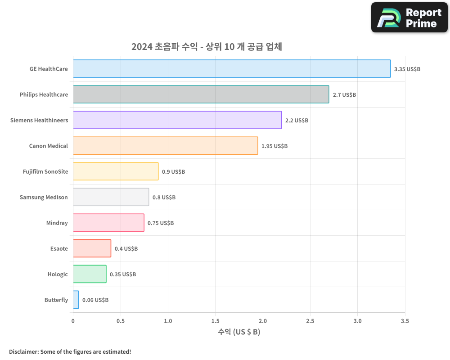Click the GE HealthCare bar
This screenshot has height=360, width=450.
pyautogui.click(x=232, y=69)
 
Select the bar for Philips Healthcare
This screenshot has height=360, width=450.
pyautogui.click(x=201, y=94)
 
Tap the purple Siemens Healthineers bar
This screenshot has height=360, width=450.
pyautogui.click(x=177, y=120)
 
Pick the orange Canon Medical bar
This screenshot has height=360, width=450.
pyautogui.click(x=165, y=146)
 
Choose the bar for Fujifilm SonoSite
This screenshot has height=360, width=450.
pyautogui.click(x=116, y=171)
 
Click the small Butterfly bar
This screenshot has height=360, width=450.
pyautogui.click(x=76, y=300)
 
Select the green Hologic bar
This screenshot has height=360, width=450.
pyautogui.click(x=90, y=274)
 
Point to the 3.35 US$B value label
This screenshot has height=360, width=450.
pyautogui.click(x=407, y=69)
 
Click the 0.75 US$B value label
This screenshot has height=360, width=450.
pyautogui.click(x=161, y=223)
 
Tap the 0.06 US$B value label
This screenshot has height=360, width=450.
pyautogui.click(x=95, y=300)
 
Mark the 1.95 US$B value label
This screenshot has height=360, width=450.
pyautogui.click(x=274, y=146)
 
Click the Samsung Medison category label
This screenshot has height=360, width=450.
pyautogui.click(x=44, y=197)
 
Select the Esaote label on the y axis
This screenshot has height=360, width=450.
pyautogui.click(x=59, y=248)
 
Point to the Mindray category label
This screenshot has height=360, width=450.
pyautogui.click(x=57, y=223)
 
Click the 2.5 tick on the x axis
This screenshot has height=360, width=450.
pyautogui.click(x=310, y=321)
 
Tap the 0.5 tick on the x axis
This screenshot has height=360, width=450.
pyautogui.click(x=121, y=321)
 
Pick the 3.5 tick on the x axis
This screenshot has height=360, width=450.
pyautogui.click(x=405, y=321)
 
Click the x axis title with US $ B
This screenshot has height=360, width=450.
pyautogui.click(x=239, y=332)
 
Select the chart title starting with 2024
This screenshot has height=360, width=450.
pyautogui.click(x=207, y=47)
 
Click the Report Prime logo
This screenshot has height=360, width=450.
pyautogui.click(x=409, y=18)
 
